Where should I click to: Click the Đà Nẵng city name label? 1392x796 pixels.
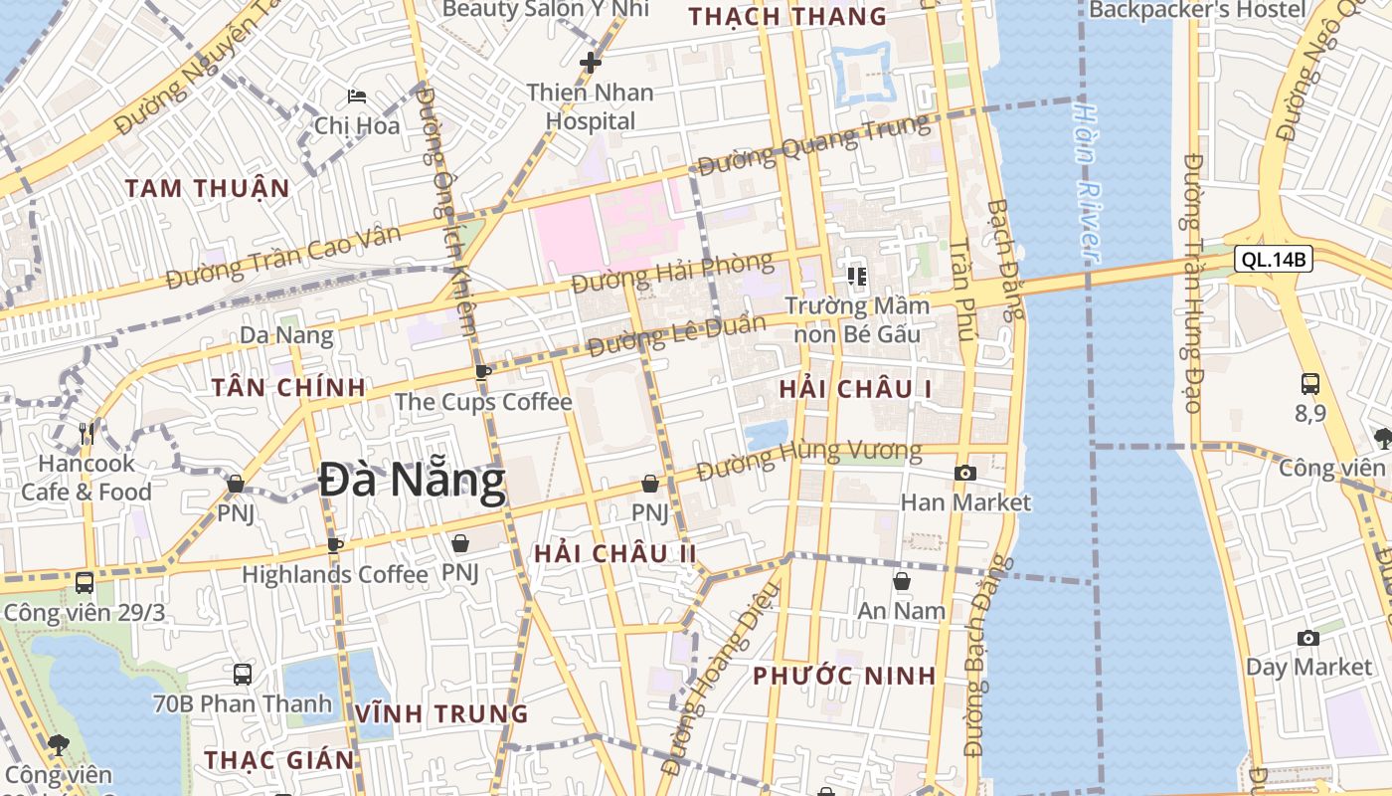coord(412,483)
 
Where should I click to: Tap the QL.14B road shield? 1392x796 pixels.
coord(1274,261)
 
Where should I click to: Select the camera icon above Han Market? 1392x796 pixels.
coord(964,474)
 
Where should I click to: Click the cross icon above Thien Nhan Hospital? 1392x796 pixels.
coord(591,63)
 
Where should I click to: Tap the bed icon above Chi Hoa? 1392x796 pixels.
coord(357,97)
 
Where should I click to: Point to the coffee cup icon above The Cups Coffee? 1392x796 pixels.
coord(483,373)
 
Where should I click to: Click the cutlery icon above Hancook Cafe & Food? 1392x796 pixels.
coord(87,433)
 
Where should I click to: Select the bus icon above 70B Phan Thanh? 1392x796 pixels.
coord(243,675)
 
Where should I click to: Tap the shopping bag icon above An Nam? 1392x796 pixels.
coord(902,581)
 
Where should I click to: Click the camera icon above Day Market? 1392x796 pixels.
coord(1308,638)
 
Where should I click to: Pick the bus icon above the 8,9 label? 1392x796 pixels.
coord(1310,384)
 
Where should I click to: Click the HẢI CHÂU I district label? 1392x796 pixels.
coord(855,389)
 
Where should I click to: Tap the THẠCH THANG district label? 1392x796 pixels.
coord(787,17)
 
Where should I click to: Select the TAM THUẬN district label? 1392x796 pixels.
coord(208,188)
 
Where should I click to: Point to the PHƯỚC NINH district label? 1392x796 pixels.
coord(844,677)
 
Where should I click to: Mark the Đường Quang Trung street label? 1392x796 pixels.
coord(813,145)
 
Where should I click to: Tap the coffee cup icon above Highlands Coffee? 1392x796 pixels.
coord(335,545)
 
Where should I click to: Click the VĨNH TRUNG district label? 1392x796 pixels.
coord(441,713)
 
